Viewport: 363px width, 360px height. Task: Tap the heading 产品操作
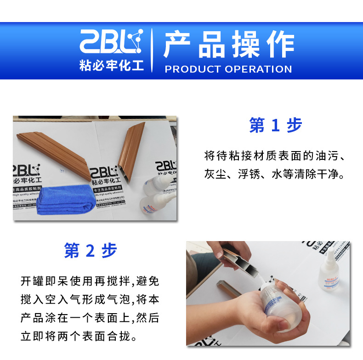[x=228, y=45]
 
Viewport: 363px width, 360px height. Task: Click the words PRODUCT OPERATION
[x=228, y=69]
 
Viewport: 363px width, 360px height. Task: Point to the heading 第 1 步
[x=275, y=125]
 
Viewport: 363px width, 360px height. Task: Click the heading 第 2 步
[x=91, y=251]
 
